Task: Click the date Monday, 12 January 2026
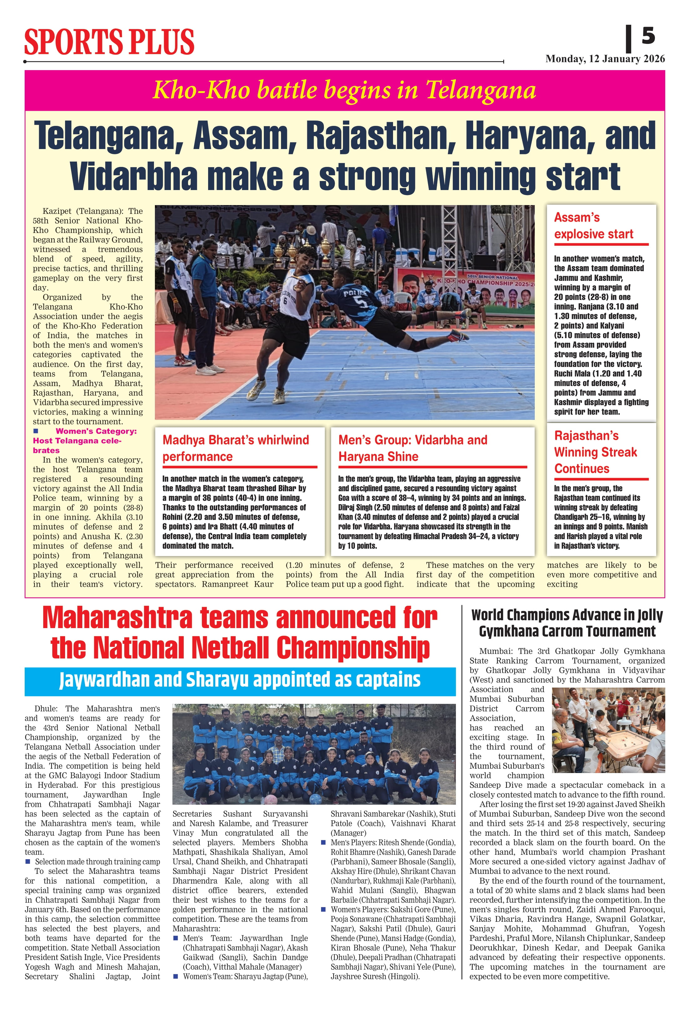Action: [x=605, y=59]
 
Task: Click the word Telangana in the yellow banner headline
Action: [x=480, y=91]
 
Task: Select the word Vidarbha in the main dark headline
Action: [x=134, y=176]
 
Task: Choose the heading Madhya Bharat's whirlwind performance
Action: [x=235, y=448]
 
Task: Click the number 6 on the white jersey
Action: [x=285, y=301]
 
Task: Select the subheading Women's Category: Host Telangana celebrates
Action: [x=85, y=440]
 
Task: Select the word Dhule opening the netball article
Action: [x=45, y=709]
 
